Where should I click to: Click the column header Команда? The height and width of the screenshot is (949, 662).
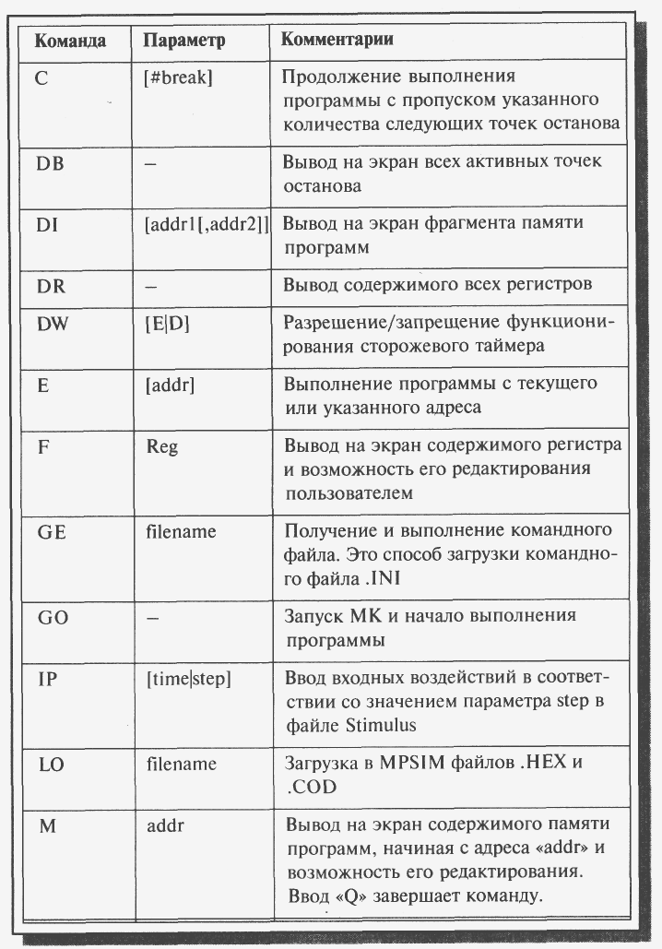tap(69, 42)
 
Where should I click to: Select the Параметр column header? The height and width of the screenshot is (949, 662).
tap(184, 42)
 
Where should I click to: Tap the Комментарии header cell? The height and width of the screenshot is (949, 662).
tap(337, 41)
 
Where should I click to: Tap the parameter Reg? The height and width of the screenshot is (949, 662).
tap(162, 447)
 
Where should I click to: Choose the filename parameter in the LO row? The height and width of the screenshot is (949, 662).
tap(182, 765)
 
